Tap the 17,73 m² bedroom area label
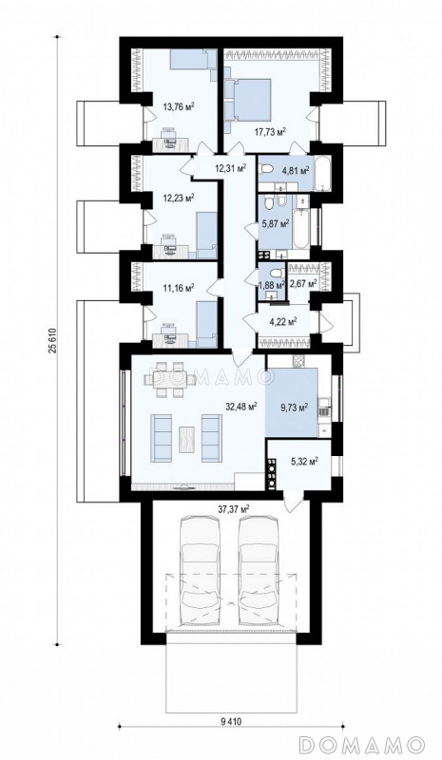(270, 130)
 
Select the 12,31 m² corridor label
(230, 168)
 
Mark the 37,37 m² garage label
(234, 508)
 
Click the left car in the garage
(200, 573)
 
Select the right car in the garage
(259, 573)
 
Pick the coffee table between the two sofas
(187, 439)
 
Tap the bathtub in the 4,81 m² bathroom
(322, 173)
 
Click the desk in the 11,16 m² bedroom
(170, 340)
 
